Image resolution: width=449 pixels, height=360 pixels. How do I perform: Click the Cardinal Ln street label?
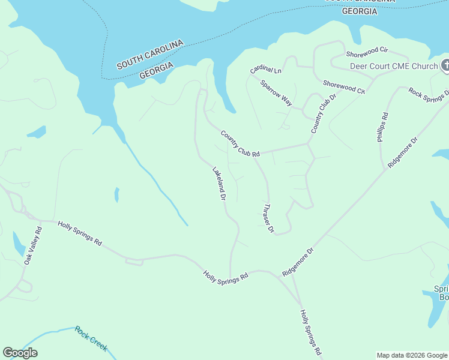(266, 70)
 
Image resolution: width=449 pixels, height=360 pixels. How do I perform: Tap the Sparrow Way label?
(276, 93)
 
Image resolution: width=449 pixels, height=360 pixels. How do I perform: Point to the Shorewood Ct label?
(344, 87)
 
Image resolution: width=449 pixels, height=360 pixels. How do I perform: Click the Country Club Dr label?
(321, 114)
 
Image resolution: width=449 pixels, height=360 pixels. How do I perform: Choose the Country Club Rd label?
(240, 144)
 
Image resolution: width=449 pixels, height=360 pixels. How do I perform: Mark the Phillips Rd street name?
(383, 127)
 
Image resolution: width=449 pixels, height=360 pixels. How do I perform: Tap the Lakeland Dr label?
(218, 183)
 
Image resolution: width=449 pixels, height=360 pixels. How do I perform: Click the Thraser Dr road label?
(268, 218)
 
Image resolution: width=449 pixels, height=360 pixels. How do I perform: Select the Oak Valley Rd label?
(33, 246)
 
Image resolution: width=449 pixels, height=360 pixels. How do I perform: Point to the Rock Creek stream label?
(91, 338)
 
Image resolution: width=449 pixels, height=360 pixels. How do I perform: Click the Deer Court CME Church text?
(394, 66)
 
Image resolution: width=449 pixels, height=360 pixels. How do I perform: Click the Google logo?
(20, 353)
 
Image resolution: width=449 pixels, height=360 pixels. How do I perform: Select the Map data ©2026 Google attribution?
(412, 355)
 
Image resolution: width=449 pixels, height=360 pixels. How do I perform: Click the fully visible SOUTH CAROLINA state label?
(149, 55)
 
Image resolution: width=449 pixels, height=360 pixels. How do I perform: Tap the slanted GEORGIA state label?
(156, 70)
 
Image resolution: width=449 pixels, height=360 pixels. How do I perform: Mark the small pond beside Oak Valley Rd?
(18, 244)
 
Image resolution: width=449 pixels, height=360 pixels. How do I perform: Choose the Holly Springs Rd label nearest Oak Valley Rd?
(79, 233)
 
